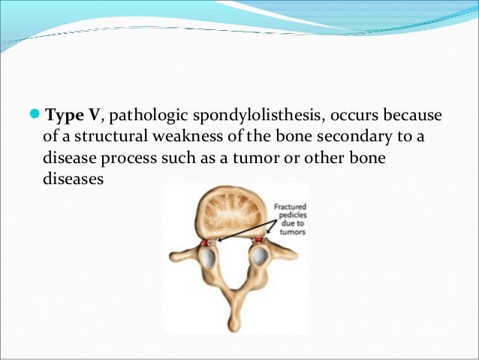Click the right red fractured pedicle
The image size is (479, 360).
click(258, 241)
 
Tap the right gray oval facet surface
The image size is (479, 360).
click(258, 257)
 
